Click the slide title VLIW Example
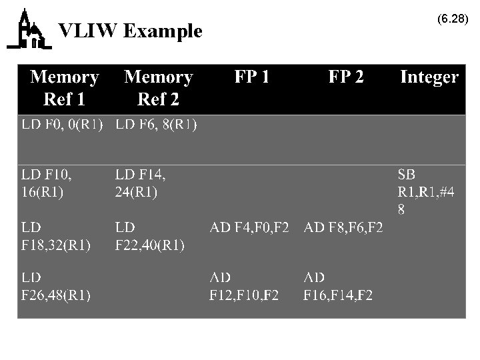[x=130, y=31]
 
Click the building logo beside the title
[x=27, y=30]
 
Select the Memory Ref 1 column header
[x=64, y=88]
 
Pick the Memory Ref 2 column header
[x=158, y=88]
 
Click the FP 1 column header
[x=252, y=78]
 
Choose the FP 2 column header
[x=346, y=78]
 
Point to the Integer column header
[x=429, y=78]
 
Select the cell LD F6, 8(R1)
[x=156, y=125]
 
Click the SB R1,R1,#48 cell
[x=425, y=192]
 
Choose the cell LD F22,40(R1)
[x=150, y=236]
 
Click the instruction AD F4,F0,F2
[x=249, y=229]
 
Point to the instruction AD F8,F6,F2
[x=343, y=229]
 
